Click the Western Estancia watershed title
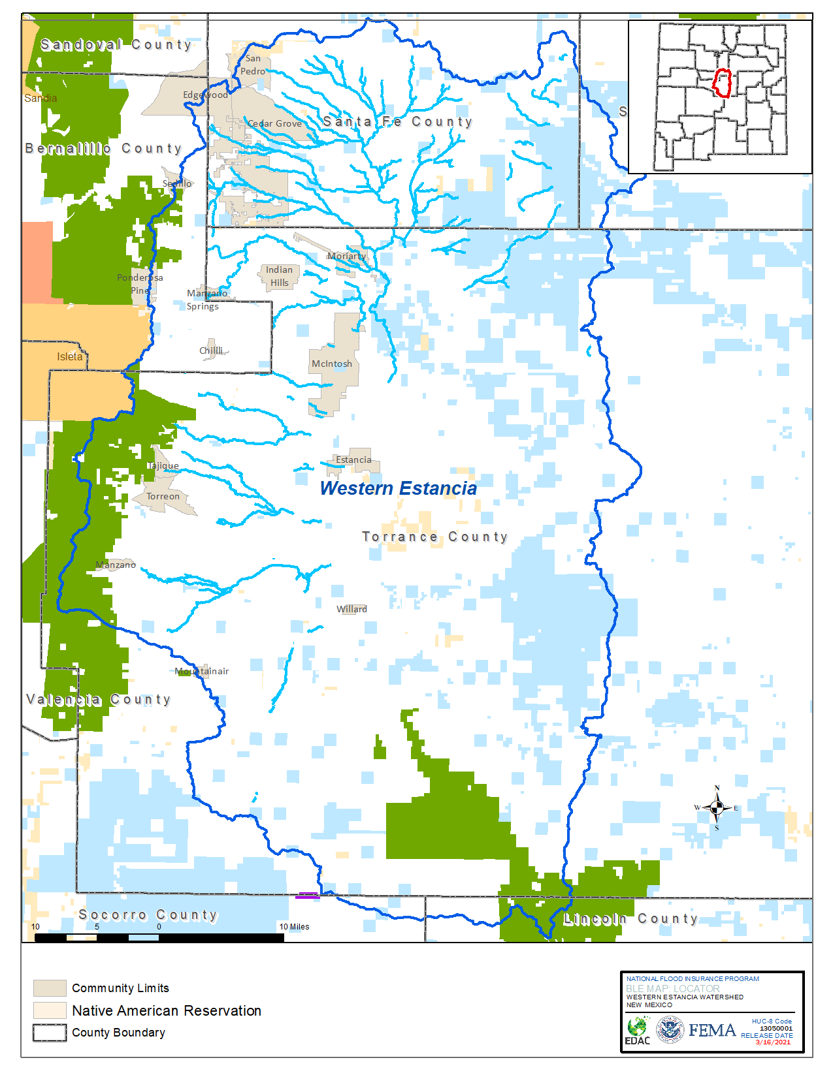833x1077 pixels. point(398,488)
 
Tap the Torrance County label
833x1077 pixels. point(434,537)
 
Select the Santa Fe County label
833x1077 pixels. point(397,121)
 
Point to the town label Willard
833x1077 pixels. point(351,609)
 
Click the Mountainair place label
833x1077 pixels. point(202,671)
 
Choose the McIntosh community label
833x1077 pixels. point(332,364)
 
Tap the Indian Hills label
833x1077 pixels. point(280,276)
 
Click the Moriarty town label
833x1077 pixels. point(347,256)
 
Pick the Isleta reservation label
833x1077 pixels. point(69,356)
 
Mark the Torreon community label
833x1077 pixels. point(163,496)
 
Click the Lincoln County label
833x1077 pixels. point(630,918)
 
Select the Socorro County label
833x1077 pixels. point(148,914)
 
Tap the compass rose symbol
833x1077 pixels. point(717,808)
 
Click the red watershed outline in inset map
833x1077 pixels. point(721,83)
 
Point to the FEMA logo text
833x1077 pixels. point(712,1030)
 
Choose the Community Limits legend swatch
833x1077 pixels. point(50,988)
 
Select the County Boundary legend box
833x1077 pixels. point(50,1033)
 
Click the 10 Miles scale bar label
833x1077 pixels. point(294,926)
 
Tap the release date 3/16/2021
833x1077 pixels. point(773,1042)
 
